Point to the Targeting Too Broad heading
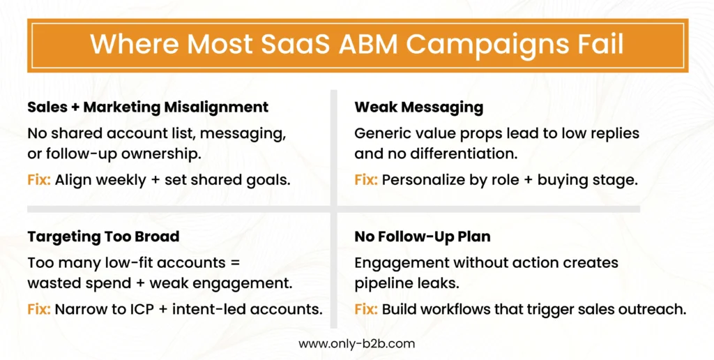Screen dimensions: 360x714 [103, 237]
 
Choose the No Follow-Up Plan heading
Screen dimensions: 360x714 [423, 237]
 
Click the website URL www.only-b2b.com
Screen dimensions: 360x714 [357, 343]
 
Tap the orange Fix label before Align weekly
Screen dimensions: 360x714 [39, 179]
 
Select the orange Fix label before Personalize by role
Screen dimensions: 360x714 [366, 179]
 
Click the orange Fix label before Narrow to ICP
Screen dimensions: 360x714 [39, 308]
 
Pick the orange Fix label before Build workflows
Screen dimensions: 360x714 [366, 308]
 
